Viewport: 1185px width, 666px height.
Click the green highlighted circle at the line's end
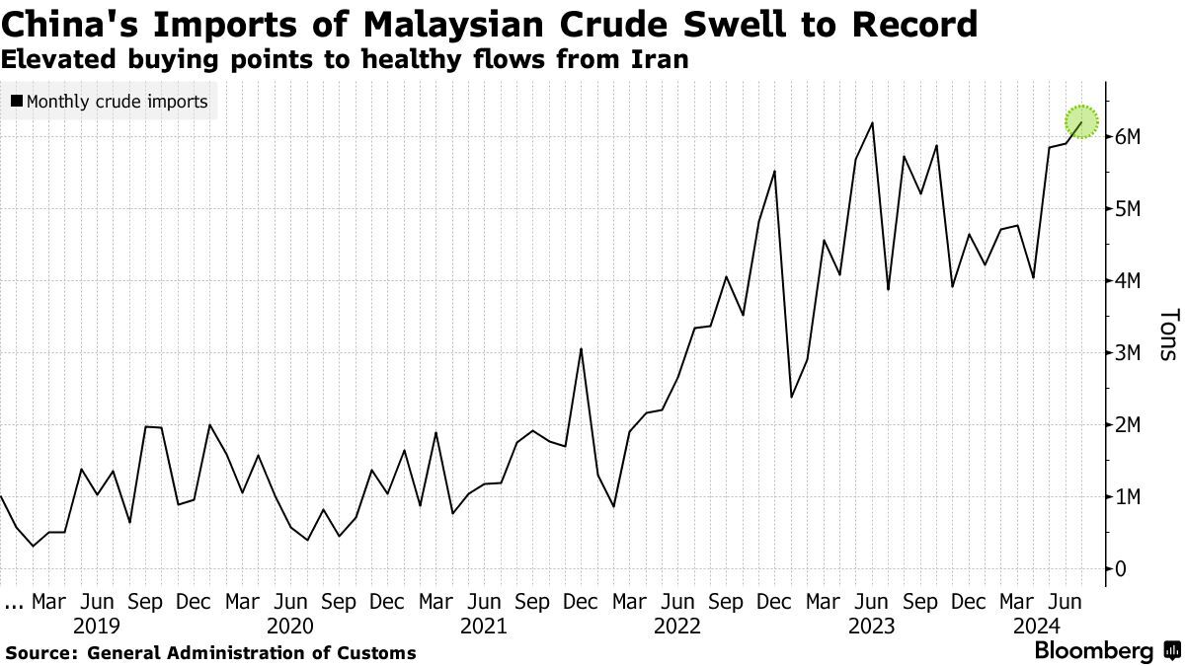1082,121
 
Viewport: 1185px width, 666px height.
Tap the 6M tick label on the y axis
1129,137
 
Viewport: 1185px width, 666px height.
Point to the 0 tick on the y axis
1121,569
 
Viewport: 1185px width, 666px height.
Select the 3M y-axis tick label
1129,353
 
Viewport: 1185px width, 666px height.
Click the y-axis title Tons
1167,334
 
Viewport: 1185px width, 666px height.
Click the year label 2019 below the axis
97,627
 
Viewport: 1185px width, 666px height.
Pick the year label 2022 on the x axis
677,627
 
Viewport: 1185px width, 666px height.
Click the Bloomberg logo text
1093,651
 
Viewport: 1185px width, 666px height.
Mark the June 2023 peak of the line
872,123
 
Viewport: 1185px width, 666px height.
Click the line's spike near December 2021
581,348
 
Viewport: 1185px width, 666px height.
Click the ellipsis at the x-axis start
13,601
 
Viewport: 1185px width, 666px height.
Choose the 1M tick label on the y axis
1129,497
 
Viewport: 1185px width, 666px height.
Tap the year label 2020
290,627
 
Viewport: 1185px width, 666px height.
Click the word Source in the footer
41,653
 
